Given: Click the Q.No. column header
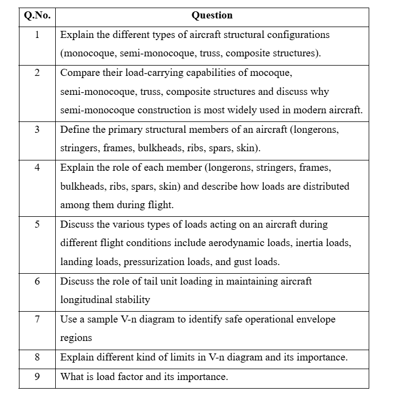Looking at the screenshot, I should pyautogui.click(x=37, y=15).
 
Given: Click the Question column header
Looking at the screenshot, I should pyautogui.click(x=212, y=15).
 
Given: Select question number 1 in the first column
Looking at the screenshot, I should pyautogui.click(x=37, y=35).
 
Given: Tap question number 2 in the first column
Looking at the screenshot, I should pyautogui.click(x=37, y=73).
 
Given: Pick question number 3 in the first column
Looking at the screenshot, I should pyautogui.click(x=37, y=130).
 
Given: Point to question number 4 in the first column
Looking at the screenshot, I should pyautogui.click(x=37, y=167).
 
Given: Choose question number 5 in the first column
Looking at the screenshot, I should pyautogui.click(x=37, y=224).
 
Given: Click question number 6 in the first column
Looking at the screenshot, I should pyautogui.click(x=37, y=281).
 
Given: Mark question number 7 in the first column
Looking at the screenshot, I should pyautogui.click(x=37, y=319).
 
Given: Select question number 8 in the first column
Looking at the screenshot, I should pyautogui.click(x=37, y=357).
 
